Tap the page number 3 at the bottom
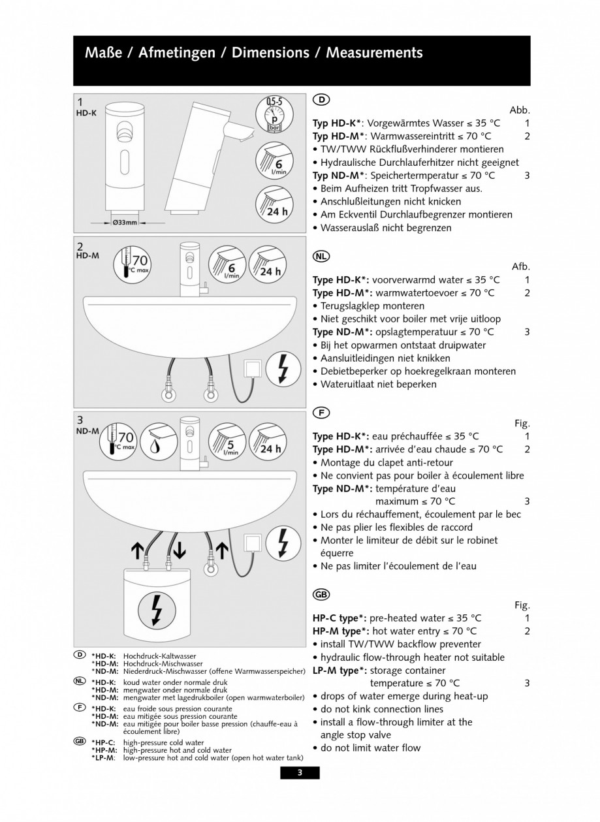(x=300, y=773)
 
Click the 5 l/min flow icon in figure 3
(x=227, y=445)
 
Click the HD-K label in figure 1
(x=87, y=113)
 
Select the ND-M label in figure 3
(x=88, y=431)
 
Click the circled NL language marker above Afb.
(x=321, y=257)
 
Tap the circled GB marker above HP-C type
(x=321, y=594)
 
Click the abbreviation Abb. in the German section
(x=519, y=110)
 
